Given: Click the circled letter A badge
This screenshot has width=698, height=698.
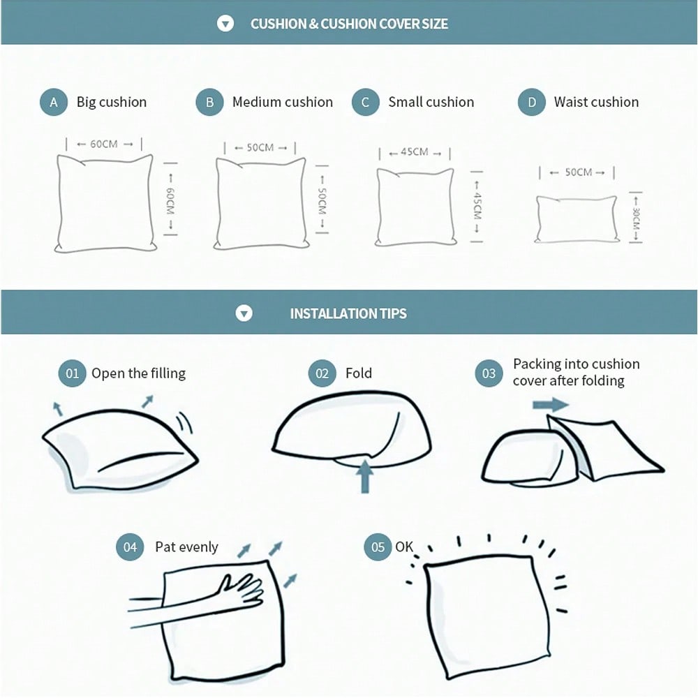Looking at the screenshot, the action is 54,103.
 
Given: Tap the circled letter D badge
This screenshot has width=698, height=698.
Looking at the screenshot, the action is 531,103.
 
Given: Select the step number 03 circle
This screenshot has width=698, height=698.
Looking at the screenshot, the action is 489,373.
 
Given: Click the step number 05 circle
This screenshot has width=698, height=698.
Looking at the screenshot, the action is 378,547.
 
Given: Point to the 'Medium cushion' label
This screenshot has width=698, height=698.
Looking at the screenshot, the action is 282,102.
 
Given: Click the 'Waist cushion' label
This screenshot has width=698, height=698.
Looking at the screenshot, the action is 596,102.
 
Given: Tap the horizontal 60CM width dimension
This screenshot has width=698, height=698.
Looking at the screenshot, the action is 104,144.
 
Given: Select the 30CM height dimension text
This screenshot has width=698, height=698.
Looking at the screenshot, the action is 636,218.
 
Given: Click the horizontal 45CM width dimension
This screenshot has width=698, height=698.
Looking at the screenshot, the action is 415,152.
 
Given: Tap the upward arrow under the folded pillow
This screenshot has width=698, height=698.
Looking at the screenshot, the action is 365,476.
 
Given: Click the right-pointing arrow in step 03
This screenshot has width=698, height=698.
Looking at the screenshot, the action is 551,405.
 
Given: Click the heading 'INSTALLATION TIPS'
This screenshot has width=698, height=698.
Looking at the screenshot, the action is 348,313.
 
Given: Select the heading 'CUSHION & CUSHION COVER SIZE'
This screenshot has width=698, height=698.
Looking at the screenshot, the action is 349,24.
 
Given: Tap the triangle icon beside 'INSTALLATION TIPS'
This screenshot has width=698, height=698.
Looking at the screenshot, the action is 244,313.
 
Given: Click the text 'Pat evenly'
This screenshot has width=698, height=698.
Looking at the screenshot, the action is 186,547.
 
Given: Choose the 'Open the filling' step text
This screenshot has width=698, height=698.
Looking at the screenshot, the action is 138,373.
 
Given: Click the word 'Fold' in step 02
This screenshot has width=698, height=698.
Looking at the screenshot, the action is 358,373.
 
